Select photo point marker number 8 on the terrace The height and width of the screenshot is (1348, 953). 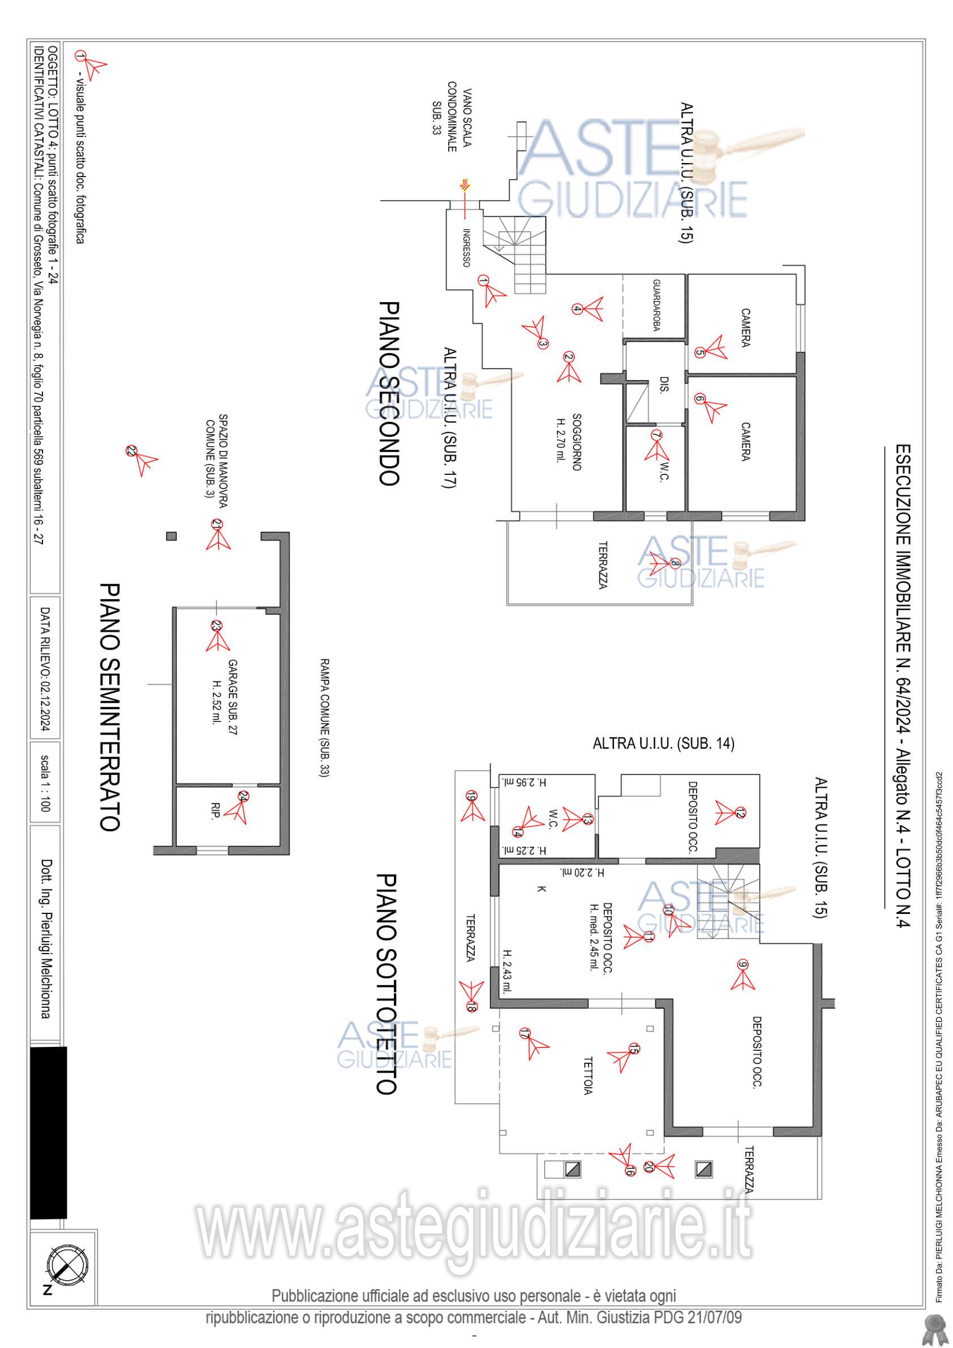pyautogui.click(x=674, y=564)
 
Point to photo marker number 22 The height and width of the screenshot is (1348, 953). pyautogui.click(x=131, y=451)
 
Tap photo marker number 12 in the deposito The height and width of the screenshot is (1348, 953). pyautogui.click(x=739, y=813)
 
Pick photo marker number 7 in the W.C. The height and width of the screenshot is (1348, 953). pyautogui.click(x=656, y=436)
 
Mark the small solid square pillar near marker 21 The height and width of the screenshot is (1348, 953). pyautogui.click(x=171, y=535)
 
